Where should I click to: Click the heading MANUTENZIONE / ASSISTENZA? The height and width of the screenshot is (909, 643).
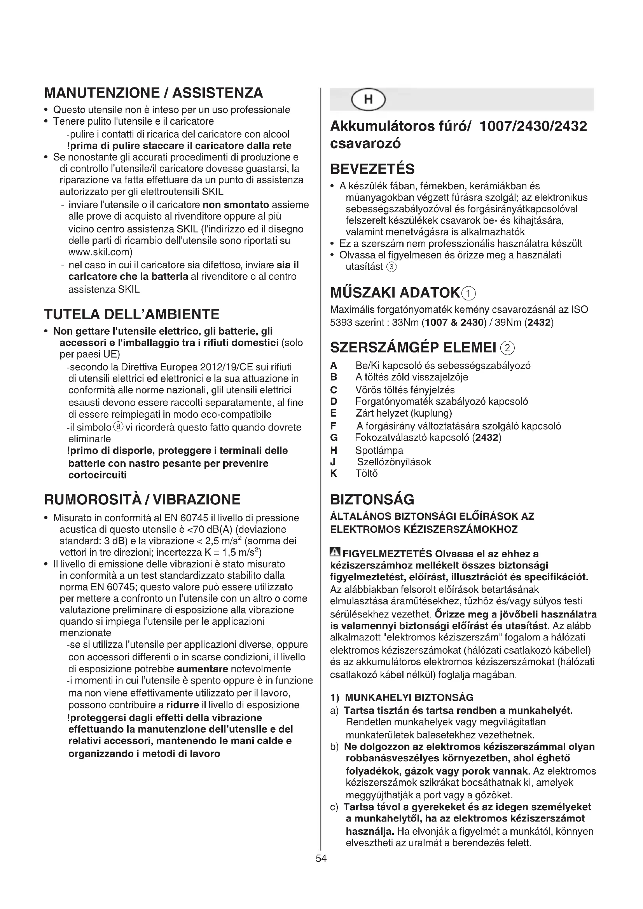coord(154,93)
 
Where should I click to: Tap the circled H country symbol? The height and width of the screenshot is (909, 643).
coord(368,99)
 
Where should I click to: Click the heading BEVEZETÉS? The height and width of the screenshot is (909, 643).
coord(372,169)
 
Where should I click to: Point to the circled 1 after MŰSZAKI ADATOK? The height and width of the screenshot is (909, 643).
coord(469,293)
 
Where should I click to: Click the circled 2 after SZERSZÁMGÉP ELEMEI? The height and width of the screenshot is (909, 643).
coord(508,348)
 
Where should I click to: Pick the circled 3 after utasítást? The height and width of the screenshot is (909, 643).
coord(391,267)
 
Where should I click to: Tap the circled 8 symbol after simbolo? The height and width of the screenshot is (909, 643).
coord(119,427)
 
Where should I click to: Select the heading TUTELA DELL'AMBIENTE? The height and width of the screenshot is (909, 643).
coord(131,314)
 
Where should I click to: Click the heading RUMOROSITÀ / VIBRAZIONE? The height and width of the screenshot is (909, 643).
coord(142,500)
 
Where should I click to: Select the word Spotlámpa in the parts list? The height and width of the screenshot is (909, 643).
coord(379,450)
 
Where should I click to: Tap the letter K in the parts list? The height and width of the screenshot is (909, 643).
coord(334,473)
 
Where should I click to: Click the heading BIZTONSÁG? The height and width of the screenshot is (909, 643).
coord(372,500)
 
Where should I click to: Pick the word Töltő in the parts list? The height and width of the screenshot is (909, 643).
coord(367,473)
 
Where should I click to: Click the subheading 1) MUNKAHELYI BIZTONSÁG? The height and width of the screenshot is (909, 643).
coord(402,698)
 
